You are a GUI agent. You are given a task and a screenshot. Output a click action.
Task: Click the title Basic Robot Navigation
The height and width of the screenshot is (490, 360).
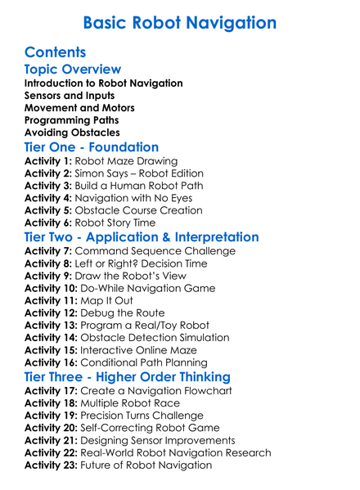click(180, 22)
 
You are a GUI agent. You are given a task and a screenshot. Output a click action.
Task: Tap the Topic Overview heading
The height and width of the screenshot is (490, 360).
click(73, 70)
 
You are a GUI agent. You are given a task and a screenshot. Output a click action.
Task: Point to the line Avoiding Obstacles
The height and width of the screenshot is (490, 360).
click(72, 132)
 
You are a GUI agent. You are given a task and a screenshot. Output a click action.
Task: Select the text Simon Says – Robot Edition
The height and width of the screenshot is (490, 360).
click(139, 174)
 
